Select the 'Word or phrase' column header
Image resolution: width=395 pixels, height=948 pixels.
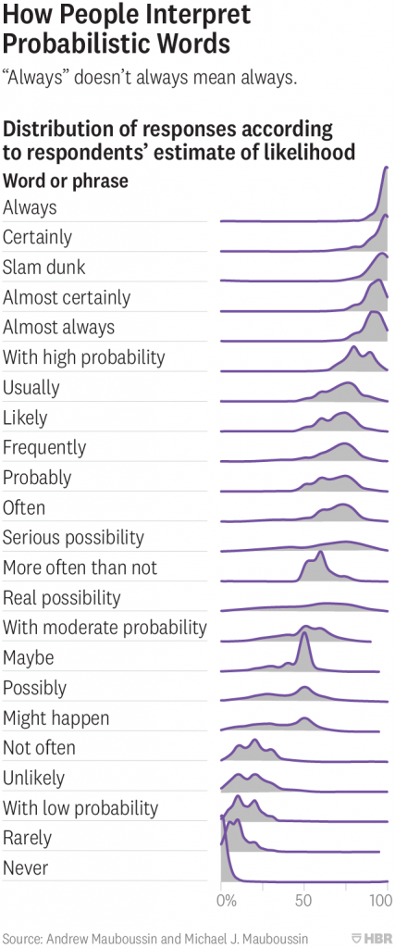click(66, 181)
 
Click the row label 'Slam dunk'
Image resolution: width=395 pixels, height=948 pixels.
click(43, 268)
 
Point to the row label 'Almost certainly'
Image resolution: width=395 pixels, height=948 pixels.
click(67, 297)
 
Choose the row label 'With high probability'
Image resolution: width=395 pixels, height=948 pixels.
click(83, 357)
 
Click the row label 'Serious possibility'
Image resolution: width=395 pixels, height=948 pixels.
click(73, 538)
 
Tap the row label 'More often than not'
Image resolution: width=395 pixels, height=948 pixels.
click(80, 568)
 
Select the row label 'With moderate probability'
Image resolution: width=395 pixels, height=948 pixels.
click(105, 628)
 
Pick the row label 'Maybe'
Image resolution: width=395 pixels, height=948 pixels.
click(29, 658)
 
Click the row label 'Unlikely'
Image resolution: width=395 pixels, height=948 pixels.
click(33, 779)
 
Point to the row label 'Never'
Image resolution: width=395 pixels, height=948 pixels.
click(26, 868)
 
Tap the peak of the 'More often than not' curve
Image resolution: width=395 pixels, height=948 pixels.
click(319, 554)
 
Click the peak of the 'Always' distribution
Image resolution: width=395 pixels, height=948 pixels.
click(385, 168)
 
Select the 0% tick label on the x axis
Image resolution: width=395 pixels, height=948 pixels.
click(225, 899)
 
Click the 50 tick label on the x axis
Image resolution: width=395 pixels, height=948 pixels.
click(303, 899)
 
